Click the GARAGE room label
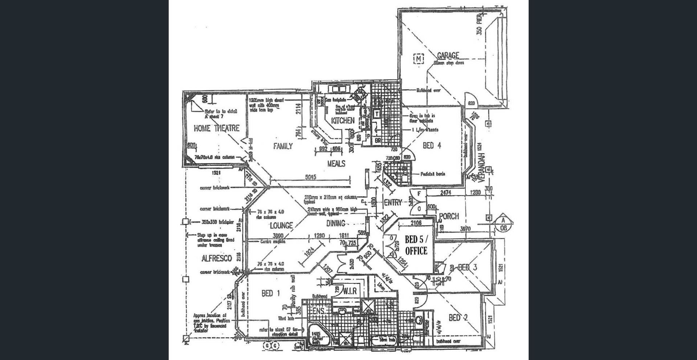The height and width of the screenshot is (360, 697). click(448, 56)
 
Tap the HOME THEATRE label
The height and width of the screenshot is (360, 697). click(216, 128)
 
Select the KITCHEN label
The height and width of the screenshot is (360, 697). click(343, 121)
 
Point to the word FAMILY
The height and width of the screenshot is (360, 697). click(283, 146)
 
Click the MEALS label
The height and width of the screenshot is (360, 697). click(336, 164)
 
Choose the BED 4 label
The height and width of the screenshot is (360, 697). click(432, 146)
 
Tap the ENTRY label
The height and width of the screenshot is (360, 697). click(393, 203)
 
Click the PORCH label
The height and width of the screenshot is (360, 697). click(449, 216)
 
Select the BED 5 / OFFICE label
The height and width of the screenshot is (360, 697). click(416, 245)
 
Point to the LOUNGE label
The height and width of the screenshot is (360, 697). click(281, 226)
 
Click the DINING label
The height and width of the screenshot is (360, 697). click(335, 223)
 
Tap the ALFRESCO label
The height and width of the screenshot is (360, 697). click(216, 259)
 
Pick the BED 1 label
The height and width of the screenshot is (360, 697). click(270, 293)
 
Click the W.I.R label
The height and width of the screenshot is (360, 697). click(350, 291)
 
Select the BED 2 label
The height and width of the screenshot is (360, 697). click(458, 318)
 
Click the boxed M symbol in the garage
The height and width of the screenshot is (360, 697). click(419, 58)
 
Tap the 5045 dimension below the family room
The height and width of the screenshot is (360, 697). click(310, 177)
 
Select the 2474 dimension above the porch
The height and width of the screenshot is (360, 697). click(445, 193)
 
